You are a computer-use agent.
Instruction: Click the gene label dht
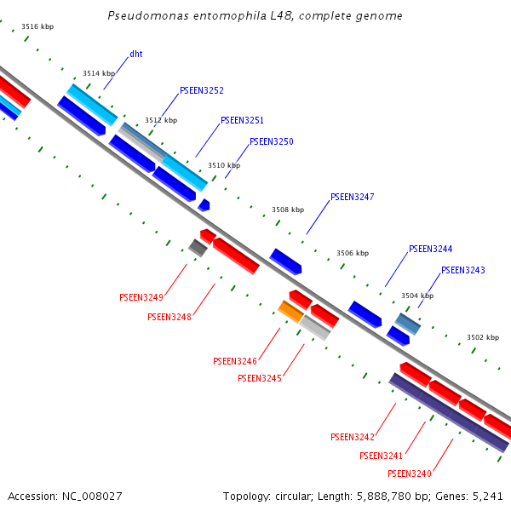click(136, 55)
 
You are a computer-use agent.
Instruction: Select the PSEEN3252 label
click(202, 90)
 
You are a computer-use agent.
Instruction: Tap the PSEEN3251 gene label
click(242, 121)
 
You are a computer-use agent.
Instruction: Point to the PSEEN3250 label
click(272, 141)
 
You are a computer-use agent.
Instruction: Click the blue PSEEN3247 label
click(353, 198)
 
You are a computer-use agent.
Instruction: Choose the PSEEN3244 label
click(430, 250)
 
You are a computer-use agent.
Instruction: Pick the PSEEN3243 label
click(463, 271)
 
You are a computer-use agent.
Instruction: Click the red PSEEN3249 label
click(141, 297)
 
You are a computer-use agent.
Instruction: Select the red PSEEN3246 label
click(235, 361)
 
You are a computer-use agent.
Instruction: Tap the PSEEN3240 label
click(410, 474)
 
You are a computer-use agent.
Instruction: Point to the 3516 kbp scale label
click(37, 26)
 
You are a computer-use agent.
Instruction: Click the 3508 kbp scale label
click(288, 210)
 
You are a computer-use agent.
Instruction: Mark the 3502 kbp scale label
click(483, 337)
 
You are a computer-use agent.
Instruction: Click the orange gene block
click(290, 312)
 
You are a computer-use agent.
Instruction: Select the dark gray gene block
click(198, 248)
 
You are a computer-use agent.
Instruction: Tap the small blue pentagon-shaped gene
click(204, 205)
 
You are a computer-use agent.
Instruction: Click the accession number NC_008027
click(92, 497)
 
